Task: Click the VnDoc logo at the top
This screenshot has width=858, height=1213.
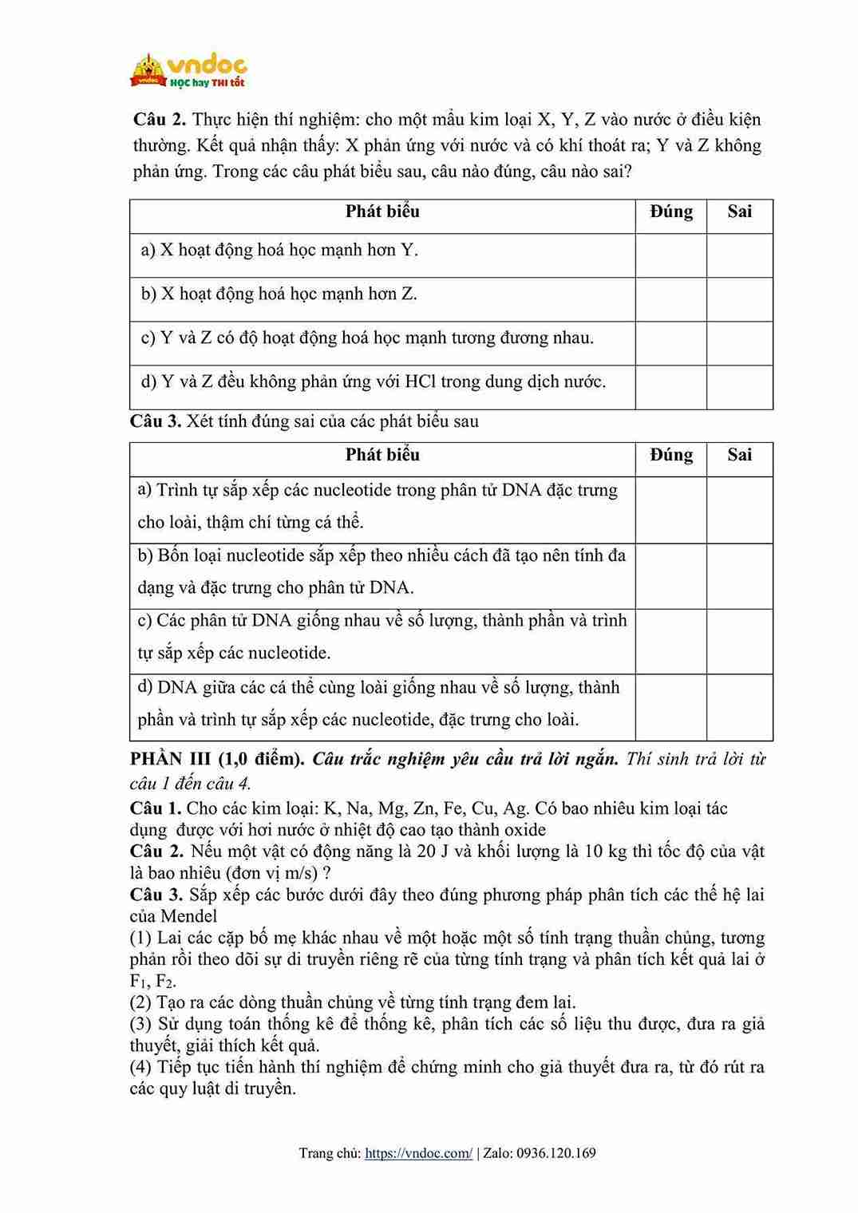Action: [x=188, y=70]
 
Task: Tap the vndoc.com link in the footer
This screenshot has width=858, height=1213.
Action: [x=418, y=1153]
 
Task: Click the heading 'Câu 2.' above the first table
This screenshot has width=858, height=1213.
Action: [x=159, y=120]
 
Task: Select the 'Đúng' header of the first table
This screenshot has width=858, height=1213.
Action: [x=670, y=211]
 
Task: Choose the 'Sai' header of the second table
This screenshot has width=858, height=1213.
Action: [x=739, y=455]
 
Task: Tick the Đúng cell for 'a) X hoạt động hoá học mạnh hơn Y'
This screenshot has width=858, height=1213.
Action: [x=670, y=255]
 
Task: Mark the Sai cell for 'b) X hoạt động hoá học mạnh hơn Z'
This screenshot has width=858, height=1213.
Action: [x=739, y=299]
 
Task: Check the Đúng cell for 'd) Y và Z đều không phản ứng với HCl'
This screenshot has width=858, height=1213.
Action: [x=670, y=387]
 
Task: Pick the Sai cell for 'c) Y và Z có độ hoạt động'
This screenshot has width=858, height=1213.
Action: [x=739, y=343]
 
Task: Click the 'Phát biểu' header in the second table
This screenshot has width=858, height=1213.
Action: [x=382, y=455]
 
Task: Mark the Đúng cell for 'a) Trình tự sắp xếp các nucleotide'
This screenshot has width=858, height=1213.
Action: [x=670, y=510]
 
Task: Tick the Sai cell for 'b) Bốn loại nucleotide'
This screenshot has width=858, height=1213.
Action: [x=739, y=576]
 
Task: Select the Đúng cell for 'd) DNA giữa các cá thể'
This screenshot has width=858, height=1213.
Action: [x=670, y=707]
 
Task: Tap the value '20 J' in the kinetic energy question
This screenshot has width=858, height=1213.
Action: [x=437, y=851]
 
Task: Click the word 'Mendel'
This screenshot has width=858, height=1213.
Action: [x=189, y=916]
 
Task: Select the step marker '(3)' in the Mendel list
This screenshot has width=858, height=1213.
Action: [x=141, y=1024]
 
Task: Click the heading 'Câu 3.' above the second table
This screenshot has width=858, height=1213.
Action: [x=156, y=421]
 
